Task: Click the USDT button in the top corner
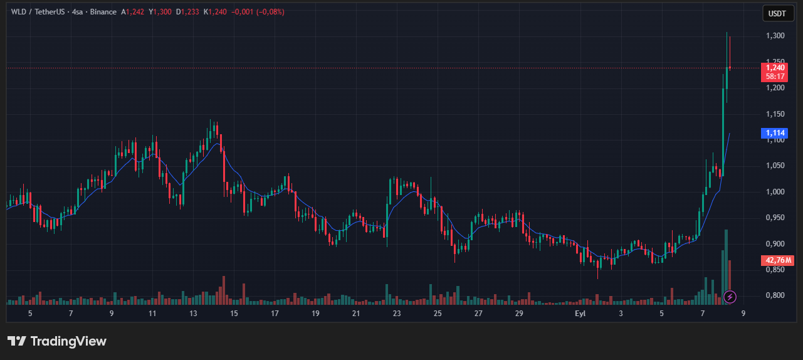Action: point(777,13)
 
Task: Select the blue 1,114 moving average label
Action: point(775,133)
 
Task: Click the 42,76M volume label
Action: point(777,260)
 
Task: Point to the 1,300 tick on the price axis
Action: point(775,36)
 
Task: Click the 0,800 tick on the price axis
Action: point(775,295)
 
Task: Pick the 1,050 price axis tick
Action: point(775,166)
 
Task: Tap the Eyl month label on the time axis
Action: point(580,313)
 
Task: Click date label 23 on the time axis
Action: point(397,313)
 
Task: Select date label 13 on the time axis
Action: point(193,313)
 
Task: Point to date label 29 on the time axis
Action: point(519,313)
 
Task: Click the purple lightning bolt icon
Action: point(730,296)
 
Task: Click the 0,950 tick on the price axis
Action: point(775,218)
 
